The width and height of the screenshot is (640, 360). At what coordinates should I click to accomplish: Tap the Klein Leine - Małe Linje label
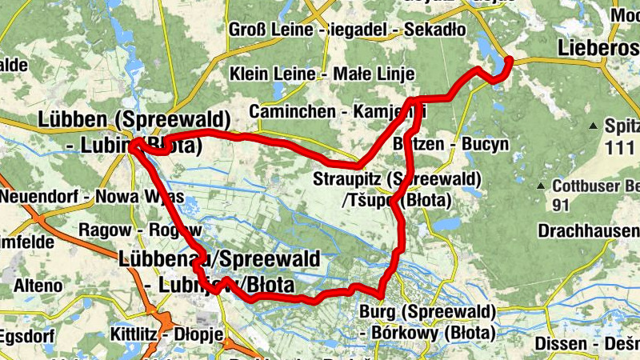tap(322, 74)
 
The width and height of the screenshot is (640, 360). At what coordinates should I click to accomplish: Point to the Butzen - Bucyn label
tap(451, 145)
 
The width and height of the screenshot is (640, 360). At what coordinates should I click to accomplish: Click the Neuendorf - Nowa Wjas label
tap(92, 197)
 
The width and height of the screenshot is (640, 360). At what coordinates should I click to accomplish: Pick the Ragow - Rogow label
tap(129, 230)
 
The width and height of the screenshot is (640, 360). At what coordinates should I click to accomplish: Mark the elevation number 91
tap(560, 206)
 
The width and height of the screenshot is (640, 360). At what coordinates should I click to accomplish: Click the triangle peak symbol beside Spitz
tap(593, 126)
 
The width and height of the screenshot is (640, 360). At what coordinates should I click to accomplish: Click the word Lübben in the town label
tap(76, 120)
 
